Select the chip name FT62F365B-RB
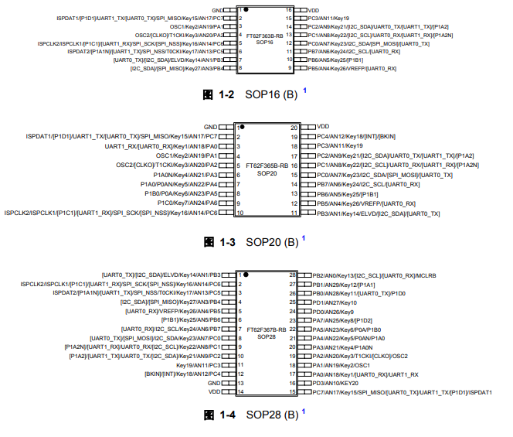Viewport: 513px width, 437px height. point(267,165)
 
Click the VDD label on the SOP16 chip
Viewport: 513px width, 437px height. point(313,10)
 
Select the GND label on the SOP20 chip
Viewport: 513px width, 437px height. point(210,126)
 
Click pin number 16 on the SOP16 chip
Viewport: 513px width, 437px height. point(289,10)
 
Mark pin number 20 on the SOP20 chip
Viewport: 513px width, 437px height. point(294,127)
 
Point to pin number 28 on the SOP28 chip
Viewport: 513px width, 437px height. point(293,275)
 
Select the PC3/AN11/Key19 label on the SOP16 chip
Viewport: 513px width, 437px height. point(328,18)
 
